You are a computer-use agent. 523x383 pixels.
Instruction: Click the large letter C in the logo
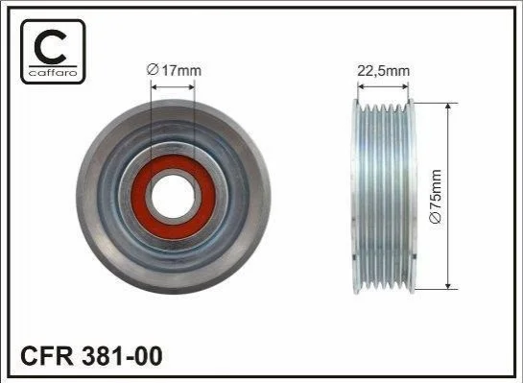[x=50, y=46]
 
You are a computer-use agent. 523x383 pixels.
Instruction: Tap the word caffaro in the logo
[x=53, y=72]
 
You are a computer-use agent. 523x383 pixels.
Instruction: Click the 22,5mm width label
[x=383, y=71]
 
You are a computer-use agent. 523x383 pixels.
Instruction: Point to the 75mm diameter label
[x=437, y=196]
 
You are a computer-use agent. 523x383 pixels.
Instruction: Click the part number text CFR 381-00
[x=91, y=355]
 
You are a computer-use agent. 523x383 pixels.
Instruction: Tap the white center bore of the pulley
[x=173, y=197]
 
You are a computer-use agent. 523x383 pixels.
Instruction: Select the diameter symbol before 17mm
[x=152, y=70]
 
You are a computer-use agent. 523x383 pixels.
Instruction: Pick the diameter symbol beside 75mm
[x=437, y=217]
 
